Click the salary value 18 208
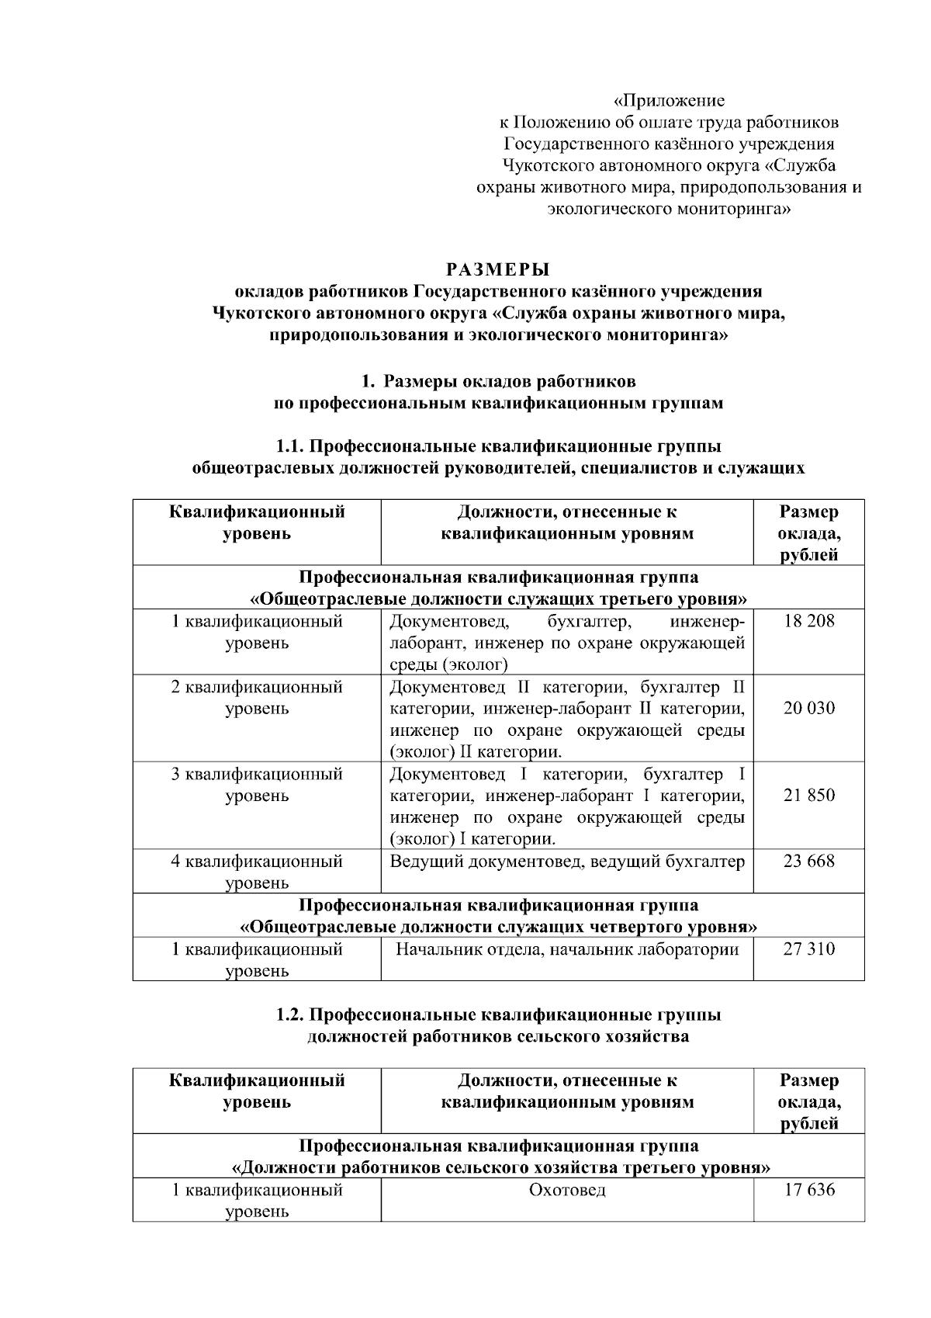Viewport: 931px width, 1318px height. point(808,621)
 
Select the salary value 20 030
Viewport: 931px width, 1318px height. point(808,708)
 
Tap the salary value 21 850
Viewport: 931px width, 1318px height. point(808,795)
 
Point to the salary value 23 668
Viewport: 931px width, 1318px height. point(808,861)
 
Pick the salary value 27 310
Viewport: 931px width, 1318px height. point(808,949)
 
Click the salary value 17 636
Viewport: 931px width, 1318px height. point(808,1190)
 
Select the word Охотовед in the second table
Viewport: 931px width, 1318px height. point(567,1190)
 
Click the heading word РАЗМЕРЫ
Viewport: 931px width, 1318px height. point(498,270)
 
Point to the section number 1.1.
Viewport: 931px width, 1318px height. point(292,446)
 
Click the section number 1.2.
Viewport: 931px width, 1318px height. point(292,1015)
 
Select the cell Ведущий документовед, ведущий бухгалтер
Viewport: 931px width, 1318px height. point(567,861)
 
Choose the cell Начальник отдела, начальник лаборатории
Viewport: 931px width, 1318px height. point(567,949)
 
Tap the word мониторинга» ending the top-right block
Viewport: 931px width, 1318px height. point(735,209)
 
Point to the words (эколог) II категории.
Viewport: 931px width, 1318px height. point(476,752)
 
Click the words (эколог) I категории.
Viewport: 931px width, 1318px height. point(472,839)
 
